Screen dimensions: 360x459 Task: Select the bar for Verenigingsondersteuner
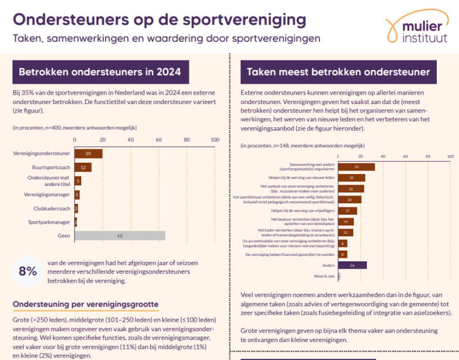[x=88, y=154]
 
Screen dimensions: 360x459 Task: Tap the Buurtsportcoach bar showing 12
[x=82, y=167]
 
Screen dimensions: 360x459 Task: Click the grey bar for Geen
[x=120, y=236]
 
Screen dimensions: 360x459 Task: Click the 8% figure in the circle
[x=28, y=270]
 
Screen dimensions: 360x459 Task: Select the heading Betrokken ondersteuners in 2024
[x=100, y=72]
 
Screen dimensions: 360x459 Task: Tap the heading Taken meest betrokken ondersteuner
[x=338, y=72]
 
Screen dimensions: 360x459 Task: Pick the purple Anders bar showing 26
[x=352, y=265]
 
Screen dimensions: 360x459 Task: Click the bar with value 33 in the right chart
[x=356, y=167]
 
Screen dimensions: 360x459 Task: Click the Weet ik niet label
[x=325, y=276]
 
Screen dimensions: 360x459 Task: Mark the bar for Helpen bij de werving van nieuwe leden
[x=351, y=178]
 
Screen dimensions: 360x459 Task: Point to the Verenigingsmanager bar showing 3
[x=76, y=194]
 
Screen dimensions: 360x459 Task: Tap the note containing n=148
[x=302, y=145]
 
